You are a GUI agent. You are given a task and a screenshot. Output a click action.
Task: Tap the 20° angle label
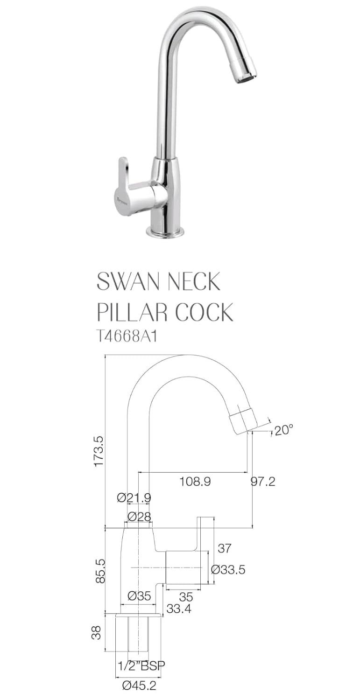tap(284, 430)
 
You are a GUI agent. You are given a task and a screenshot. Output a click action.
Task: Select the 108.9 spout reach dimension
tap(195, 482)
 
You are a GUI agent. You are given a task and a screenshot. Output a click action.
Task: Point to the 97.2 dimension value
tap(263, 482)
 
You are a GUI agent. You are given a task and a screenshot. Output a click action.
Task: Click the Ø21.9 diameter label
tap(134, 498)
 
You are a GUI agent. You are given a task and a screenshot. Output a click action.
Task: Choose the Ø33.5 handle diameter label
tap(228, 569)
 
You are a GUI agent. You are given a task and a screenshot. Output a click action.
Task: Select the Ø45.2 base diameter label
tap(139, 686)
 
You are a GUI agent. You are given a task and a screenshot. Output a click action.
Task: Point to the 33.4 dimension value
tap(178, 609)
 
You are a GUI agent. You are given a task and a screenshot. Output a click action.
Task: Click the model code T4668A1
tap(126, 336)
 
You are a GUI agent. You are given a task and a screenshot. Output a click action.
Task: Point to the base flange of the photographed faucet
tap(165, 231)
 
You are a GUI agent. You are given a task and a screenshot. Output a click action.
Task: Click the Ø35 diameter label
tap(139, 596)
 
